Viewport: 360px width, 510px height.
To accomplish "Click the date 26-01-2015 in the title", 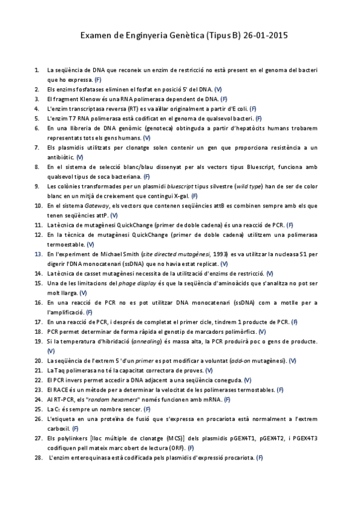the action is coord(266,35).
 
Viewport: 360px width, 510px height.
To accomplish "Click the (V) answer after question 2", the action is coord(218,89).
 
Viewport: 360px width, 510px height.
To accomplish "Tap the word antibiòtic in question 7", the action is coord(61,157).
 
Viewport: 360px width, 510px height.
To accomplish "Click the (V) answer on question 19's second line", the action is coord(50,351).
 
